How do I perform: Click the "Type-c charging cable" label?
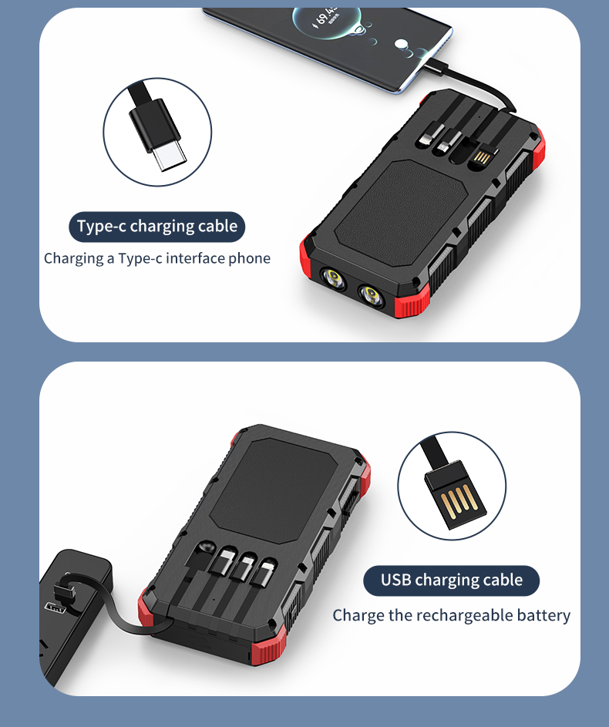coord(157,227)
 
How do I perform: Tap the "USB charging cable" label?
coord(451,581)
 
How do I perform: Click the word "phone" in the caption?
coord(250,258)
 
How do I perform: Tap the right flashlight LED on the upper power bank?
coord(370,295)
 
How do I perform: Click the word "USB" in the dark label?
coord(396,581)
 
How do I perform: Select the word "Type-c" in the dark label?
coord(101,227)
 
